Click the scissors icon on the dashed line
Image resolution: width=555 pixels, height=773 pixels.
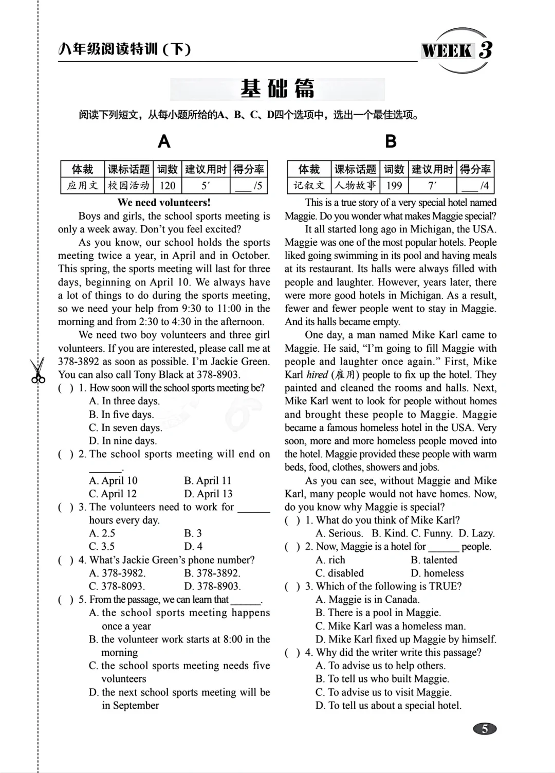[37, 370]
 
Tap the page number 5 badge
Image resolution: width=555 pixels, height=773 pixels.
[484, 728]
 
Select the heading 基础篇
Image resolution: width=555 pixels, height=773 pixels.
[277, 89]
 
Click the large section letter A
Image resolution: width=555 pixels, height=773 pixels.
[164, 141]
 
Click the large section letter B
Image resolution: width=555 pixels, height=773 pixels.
[391, 141]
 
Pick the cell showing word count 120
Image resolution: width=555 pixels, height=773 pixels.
[167, 186]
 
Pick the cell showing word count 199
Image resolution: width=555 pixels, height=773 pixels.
[394, 186]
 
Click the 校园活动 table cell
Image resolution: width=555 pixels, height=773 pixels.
[129, 186]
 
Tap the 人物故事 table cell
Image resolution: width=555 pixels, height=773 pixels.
[356, 186]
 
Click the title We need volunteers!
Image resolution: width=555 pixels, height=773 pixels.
[164, 203]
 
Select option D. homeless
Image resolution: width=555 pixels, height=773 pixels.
[437, 573]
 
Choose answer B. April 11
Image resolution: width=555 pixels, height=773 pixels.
[208, 480]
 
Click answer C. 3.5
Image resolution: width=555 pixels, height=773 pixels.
[102, 546]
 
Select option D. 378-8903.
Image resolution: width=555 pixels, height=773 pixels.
[212, 586]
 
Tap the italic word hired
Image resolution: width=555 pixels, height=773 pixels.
[317, 374]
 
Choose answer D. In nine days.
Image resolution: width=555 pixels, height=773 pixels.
[123, 441]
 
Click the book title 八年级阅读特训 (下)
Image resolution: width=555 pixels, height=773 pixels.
[125, 49]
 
